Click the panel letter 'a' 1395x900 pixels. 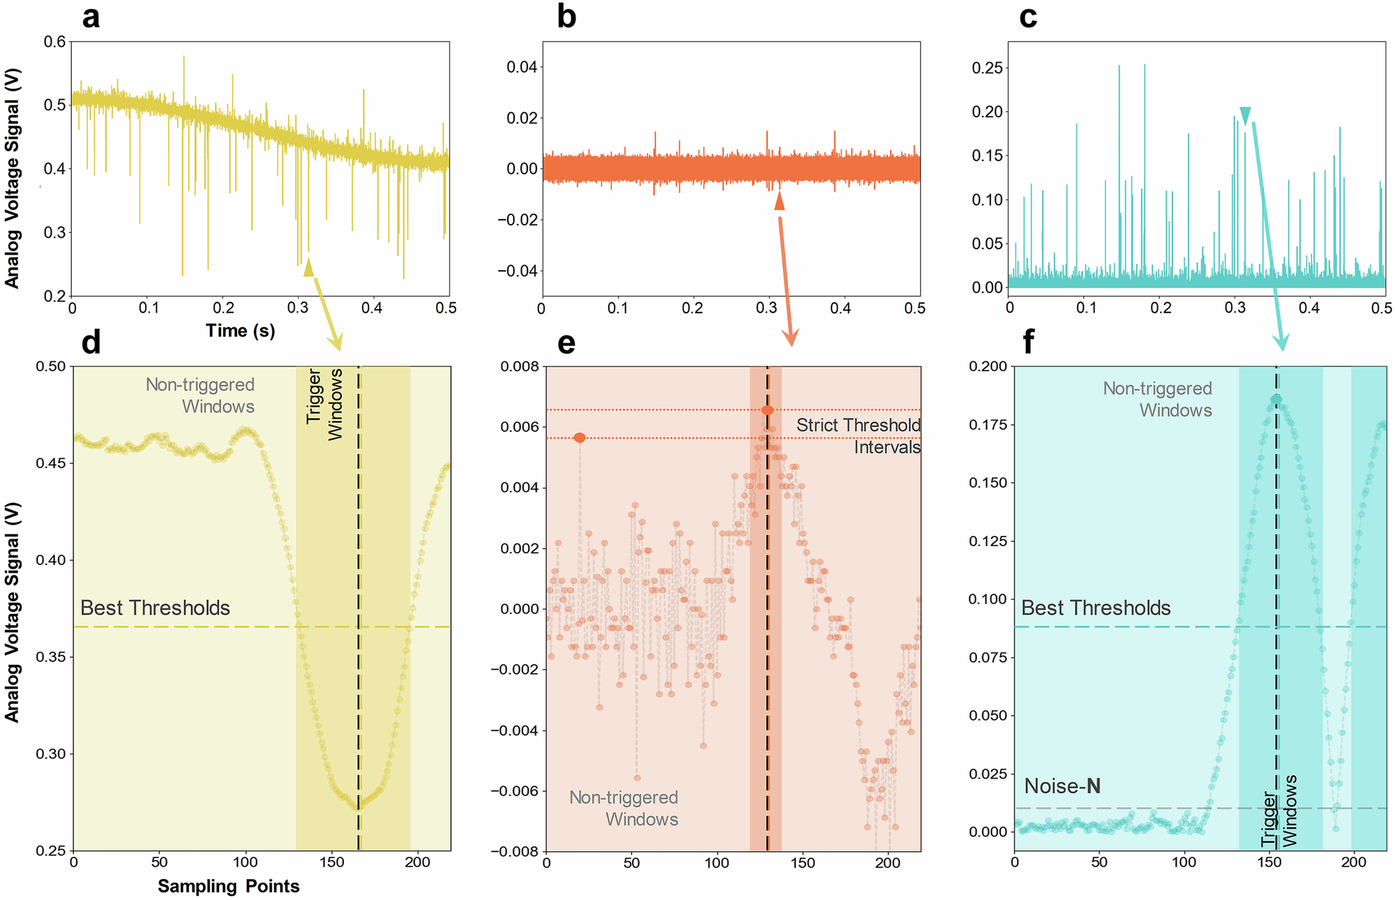pos(91,17)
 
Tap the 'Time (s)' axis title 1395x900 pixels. pos(240,331)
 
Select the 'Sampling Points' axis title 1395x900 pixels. pos(228,886)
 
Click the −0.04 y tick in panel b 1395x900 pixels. pos(517,271)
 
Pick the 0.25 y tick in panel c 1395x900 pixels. pos(986,68)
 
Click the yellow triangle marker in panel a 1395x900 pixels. pos(308,267)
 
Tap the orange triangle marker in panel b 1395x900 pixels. pos(779,202)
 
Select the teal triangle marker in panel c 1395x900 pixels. pos(1245,115)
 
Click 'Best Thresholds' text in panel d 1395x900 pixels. pos(155,608)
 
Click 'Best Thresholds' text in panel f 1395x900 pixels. pos(1096,608)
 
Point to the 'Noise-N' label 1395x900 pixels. pos(1062,786)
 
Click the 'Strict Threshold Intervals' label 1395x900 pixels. pos(858,436)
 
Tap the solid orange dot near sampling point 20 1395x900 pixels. pos(580,437)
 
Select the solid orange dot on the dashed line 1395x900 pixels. pos(767,410)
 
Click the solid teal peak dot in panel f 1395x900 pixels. pos(1276,399)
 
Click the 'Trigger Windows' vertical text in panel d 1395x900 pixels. pos(325,405)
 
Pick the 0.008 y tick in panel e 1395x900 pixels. pos(519,366)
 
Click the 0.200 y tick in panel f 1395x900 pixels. pos(987,366)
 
